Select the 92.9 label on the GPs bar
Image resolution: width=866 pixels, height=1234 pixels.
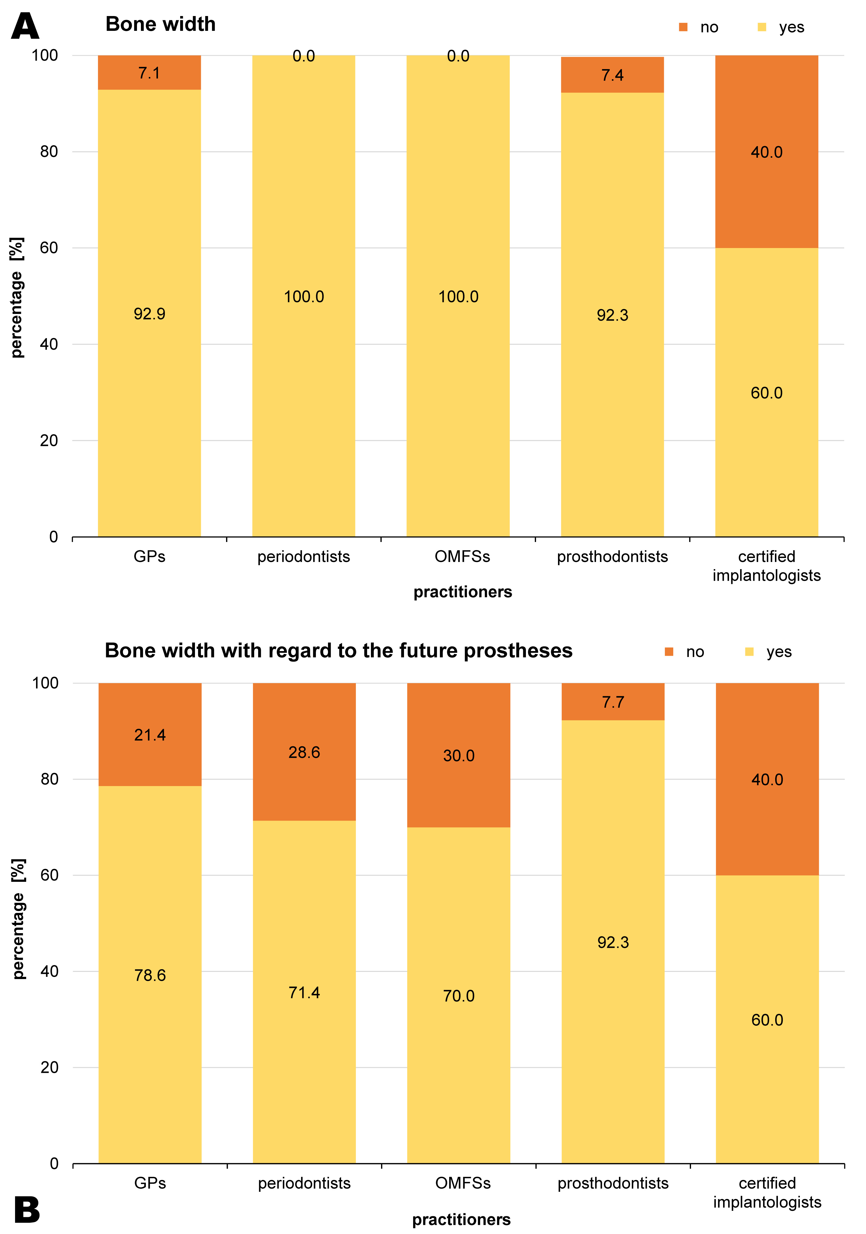(x=150, y=314)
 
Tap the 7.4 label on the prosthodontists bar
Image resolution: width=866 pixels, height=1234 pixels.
(x=612, y=75)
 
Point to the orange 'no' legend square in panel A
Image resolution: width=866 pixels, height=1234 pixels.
(x=683, y=27)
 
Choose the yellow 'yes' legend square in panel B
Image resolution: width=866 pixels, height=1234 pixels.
(x=749, y=652)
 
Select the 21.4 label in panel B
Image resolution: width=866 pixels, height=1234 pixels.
(x=150, y=735)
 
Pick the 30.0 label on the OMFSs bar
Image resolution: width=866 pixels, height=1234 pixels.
(x=459, y=756)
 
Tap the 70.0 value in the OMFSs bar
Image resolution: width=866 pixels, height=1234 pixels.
(x=459, y=996)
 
